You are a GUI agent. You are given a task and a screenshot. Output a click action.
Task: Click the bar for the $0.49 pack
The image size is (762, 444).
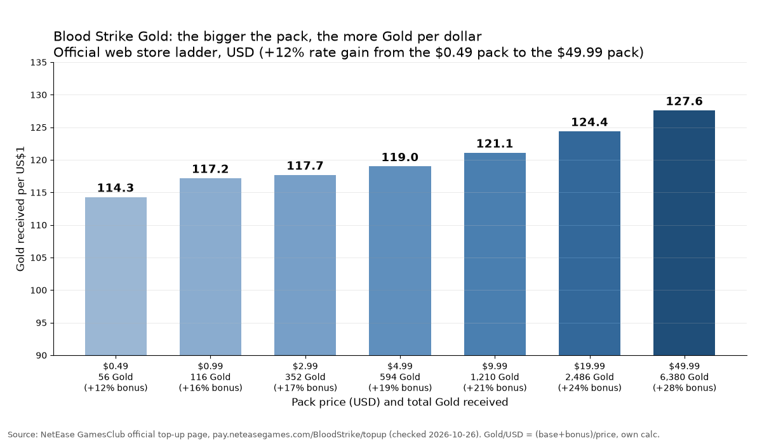point(116,276)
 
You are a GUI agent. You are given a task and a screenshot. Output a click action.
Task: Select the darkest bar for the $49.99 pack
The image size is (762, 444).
point(684,233)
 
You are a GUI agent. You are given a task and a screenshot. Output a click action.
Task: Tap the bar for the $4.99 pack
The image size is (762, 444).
point(400,261)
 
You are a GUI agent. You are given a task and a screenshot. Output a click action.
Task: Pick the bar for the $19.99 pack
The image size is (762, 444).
point(589,243)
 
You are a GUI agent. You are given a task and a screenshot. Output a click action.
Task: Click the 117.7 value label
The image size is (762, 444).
point(305,166)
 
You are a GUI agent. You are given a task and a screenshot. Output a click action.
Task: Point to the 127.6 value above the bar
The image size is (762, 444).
point(684,101)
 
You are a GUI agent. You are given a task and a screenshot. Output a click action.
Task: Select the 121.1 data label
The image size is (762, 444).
point(495,144)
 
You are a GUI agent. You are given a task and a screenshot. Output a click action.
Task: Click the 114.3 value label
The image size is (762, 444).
point(116,188)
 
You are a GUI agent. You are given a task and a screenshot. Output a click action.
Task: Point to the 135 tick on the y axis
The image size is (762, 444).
point(39,63)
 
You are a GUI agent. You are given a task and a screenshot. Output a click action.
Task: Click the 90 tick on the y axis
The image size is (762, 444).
point(41,356)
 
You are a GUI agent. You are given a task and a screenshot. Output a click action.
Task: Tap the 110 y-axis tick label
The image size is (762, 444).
point(39,225)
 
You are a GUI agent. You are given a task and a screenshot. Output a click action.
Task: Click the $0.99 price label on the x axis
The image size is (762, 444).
point(211,366)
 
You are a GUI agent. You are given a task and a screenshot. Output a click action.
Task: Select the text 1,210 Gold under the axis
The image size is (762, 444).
point(495,377)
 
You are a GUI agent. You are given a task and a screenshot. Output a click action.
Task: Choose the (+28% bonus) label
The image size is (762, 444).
point(684,388)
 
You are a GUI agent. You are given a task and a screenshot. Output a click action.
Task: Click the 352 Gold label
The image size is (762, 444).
point(305,377)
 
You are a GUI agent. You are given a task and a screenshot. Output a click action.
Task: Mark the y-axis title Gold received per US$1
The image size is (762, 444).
point(20,209)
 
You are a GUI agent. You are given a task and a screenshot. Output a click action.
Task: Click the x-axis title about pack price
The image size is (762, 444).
point(399,402)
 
